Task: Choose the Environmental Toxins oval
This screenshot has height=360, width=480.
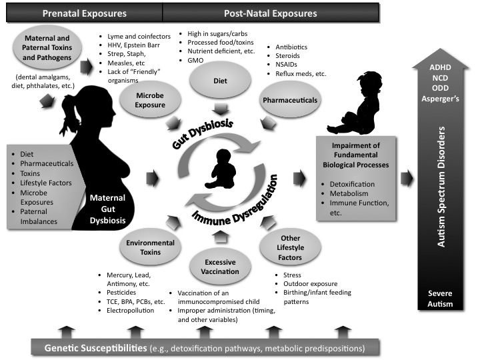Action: click(151, 249)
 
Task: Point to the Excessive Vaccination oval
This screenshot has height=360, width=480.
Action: click(221, 267)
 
